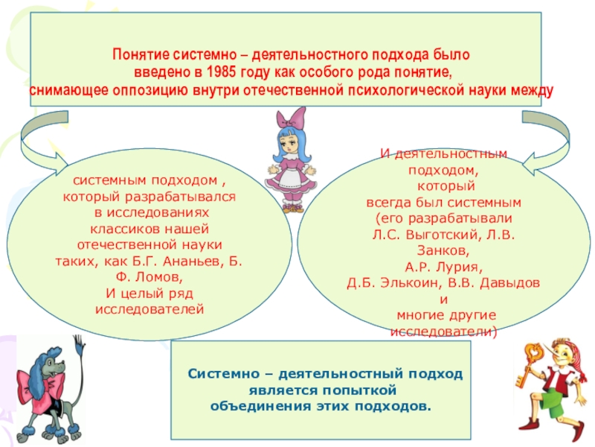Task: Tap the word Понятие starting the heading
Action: click(136, 56)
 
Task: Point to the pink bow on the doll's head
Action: click(292, 117)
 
